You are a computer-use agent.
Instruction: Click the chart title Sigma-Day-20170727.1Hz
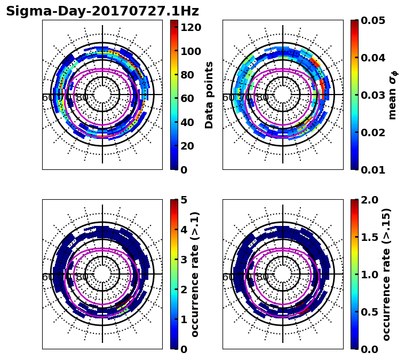102,11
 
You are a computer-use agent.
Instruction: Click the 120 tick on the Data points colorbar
191,27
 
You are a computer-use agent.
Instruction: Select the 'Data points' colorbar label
209,95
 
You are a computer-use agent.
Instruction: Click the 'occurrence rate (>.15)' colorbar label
386,274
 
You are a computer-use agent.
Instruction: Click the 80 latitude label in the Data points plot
82,98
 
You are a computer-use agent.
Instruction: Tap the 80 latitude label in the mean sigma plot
263,98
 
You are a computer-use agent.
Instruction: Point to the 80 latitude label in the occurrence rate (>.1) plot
82,277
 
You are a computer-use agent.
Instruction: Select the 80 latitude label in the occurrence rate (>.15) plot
263,277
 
